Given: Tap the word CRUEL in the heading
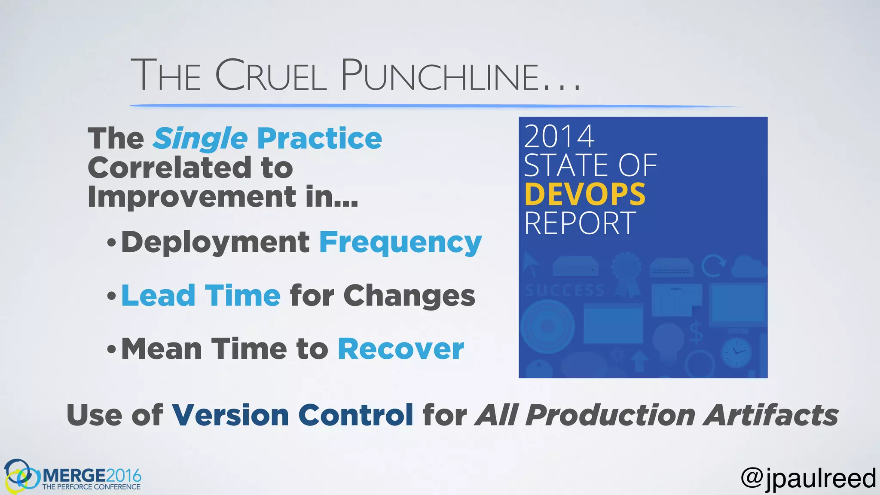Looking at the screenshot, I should click(271, 76).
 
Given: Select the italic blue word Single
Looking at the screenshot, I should click(201, 139).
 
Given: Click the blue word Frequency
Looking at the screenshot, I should click(400, 243).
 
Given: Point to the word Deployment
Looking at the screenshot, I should click(215, 243).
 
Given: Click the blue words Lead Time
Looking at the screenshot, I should click(201, 296).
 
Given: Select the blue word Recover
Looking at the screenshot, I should click(400, 349).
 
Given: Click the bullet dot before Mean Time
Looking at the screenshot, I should click(112, 349).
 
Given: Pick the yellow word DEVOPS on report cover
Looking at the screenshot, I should click(584, 195).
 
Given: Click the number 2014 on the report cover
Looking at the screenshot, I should click(559, 137).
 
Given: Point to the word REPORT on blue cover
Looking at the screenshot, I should click(580, 223).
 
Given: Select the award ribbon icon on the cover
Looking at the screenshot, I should click(626, 274).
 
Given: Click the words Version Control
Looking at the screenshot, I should click(292, 416).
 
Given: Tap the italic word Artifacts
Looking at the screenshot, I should click(770, 416).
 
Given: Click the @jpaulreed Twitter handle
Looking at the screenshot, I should click(808, 478).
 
